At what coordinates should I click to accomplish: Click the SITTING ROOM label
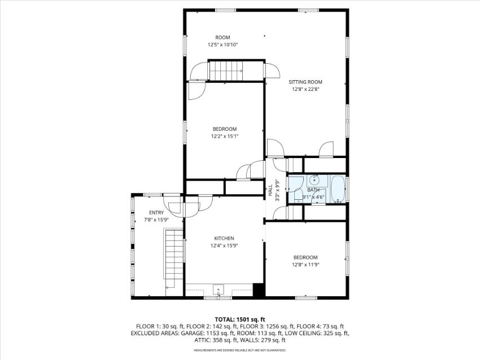(305, 82)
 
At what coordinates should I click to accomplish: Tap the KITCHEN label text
(224, 238)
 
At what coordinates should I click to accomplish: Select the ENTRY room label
(156, 213)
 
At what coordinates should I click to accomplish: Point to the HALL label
(270, 190)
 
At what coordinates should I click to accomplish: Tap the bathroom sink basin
(314, 179)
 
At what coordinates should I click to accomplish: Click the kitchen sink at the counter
(219, 289)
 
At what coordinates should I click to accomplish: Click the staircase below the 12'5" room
(226, 71)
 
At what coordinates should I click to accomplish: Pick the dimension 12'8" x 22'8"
(305, 89)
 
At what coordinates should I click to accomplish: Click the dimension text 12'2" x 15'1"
(225, 137)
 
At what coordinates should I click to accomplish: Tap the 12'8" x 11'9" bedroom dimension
(306, 265)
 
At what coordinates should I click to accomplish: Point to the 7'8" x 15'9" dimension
(156, 219)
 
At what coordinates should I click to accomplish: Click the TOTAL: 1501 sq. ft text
(239, 320)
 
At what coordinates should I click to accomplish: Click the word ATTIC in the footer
(202, 340)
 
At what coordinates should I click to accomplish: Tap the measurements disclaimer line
(239, 350)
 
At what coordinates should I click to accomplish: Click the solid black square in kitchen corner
(259, 290)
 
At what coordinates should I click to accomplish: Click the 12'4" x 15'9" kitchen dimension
(224, 245)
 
